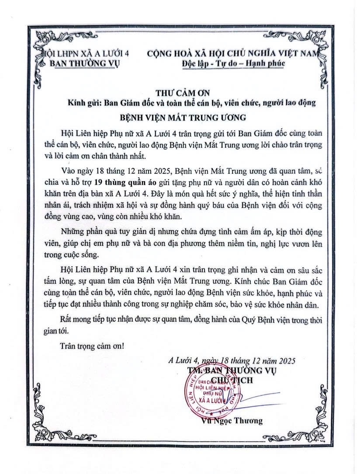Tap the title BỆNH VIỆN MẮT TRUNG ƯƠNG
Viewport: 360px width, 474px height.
coord(180,117)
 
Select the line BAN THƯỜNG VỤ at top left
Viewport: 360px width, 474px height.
coord(85,63)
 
